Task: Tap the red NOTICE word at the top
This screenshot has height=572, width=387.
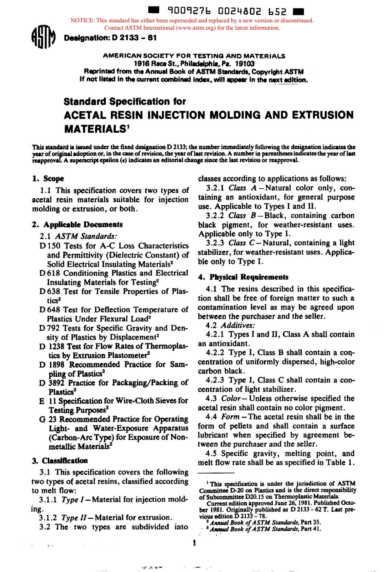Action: [82, 20]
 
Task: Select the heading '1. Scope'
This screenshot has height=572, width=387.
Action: [48, 179]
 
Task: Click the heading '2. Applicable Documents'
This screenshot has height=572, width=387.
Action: [77, 225]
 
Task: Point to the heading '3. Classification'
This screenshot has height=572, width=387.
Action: [59, 461]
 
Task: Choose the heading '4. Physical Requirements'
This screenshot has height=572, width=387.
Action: [243, 277]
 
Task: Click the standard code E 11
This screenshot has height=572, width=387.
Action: [48, 401]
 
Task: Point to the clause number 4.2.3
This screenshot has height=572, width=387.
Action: [215, 380]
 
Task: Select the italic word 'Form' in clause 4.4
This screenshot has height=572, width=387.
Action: [230, 417]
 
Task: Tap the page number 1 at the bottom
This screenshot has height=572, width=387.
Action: [194, 543]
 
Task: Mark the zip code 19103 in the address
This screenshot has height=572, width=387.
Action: [245, 63]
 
